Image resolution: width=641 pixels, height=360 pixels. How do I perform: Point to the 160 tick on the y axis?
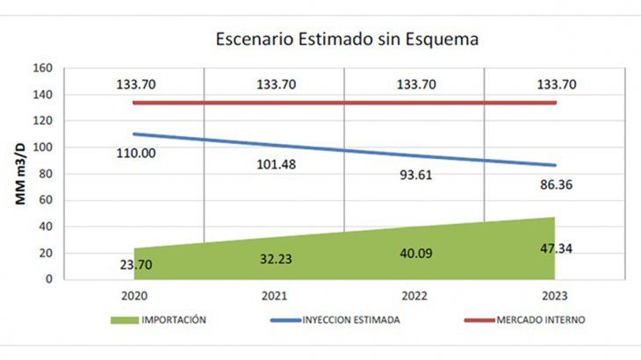click(45, 68)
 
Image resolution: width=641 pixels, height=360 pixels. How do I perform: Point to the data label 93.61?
click(417, 175)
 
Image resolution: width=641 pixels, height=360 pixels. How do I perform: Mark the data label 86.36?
click(556, 186)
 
